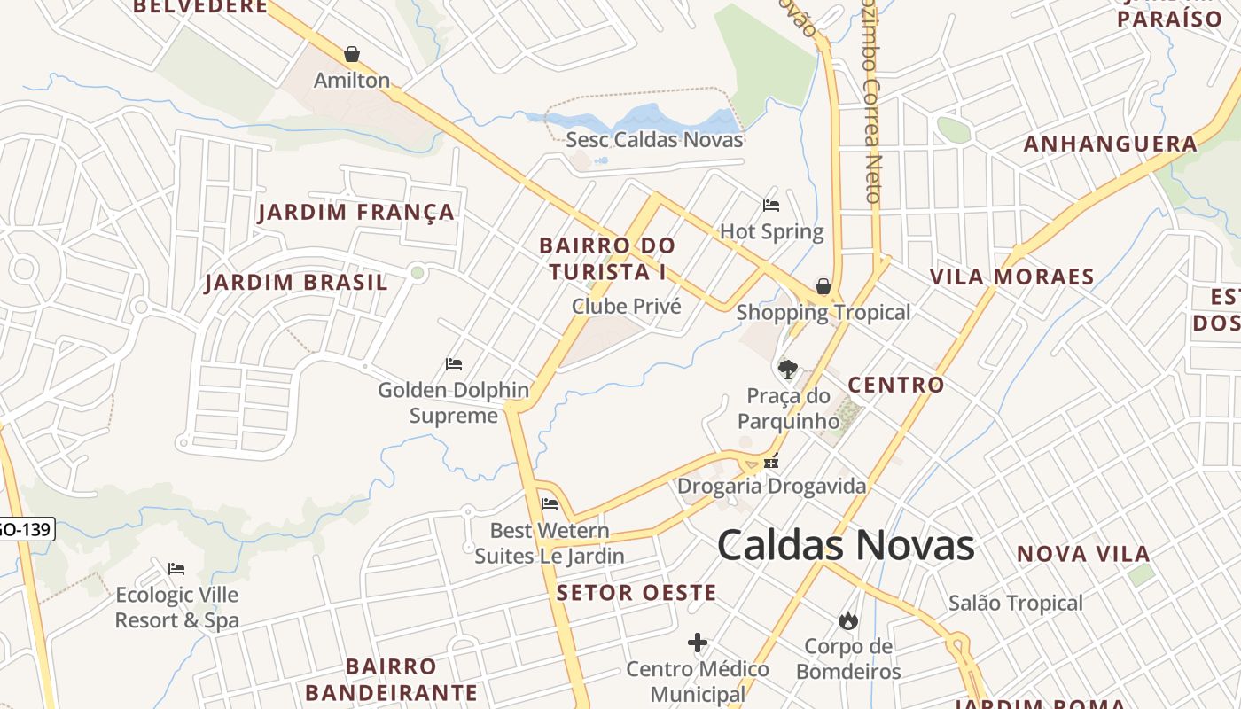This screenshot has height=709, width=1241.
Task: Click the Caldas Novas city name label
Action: tap(846, 545)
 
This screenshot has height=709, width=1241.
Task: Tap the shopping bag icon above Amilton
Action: tap(352, 54)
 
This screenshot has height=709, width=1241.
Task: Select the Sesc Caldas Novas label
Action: tap(654, 139)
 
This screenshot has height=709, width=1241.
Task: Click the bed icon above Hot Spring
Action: tap(771, 206)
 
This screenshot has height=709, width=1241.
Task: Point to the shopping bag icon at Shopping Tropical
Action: tap(823, 286)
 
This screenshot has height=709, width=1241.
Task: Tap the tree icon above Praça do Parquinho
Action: tap(786, 369)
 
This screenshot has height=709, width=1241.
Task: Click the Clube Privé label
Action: tap(626, 307)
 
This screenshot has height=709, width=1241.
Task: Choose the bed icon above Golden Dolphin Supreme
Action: tap(454, 364)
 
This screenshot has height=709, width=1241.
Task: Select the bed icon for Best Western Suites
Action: tap(550, 505)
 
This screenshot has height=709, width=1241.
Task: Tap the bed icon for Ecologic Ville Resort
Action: tap(176, 569)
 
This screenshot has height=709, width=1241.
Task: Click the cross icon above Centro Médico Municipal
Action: tap(698, 643)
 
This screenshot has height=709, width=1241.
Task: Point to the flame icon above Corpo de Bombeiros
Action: tap(848, 620)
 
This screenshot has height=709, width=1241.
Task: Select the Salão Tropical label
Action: tap(1016, 604)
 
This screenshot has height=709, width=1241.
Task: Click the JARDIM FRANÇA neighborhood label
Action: tap(356, 213)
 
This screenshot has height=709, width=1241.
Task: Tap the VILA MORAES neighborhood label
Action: tap(1011, 277)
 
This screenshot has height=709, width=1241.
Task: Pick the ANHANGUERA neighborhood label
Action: tap(1111, 144)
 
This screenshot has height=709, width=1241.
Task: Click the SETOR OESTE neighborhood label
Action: tap(636, 593)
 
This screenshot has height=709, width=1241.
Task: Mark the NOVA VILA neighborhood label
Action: tap(1083, 555)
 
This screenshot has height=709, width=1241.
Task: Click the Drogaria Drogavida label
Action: tap(771, 486)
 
